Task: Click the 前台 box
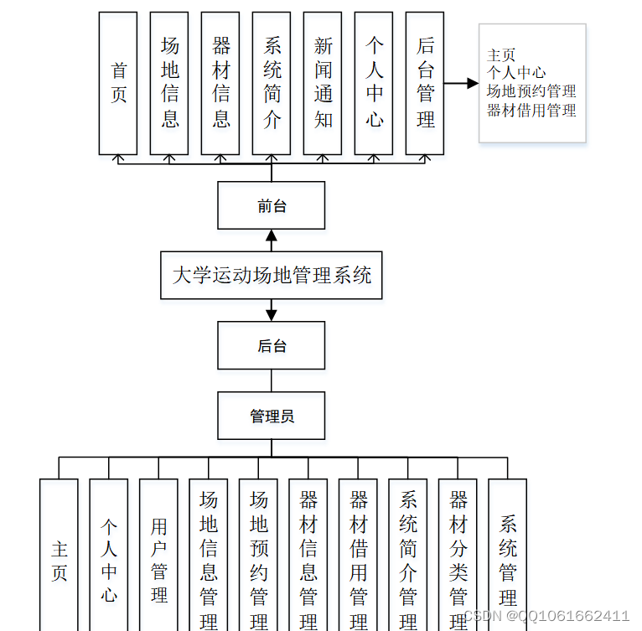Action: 271,205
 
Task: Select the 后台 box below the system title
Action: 271,345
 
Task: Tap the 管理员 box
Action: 271,416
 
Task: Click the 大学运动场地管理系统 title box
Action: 271,275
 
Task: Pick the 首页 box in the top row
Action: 118,83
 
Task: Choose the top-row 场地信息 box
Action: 169,83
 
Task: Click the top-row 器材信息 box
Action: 220,83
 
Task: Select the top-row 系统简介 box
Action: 272,83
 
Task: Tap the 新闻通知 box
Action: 323,83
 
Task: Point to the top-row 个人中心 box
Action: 374,83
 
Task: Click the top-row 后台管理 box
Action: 425,83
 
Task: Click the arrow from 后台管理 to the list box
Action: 461,84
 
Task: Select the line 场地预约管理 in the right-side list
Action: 531,91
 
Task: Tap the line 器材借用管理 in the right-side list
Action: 531,110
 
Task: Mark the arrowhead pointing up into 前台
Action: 271,235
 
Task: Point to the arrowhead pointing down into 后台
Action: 271,315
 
